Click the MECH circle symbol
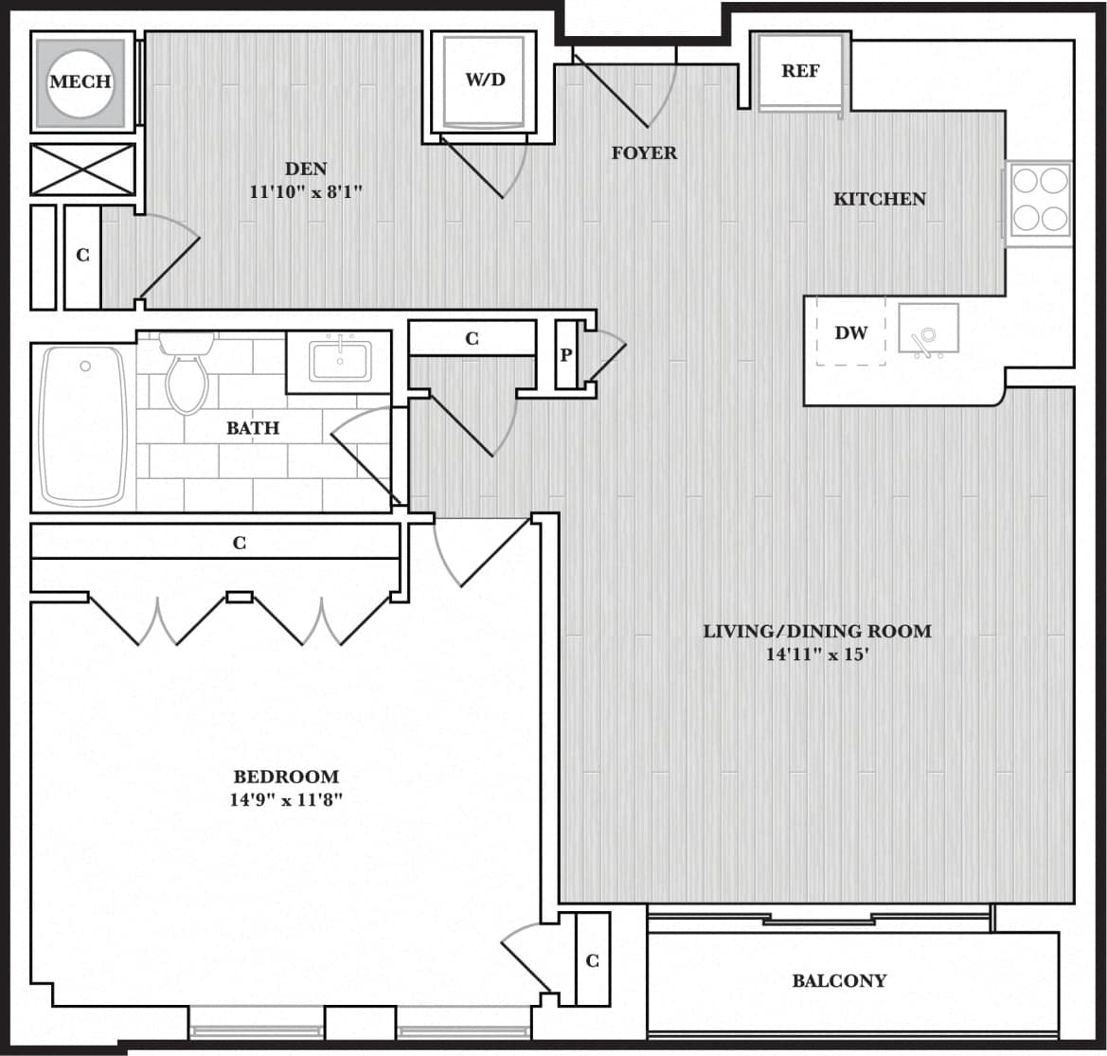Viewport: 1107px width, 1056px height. point(80,81)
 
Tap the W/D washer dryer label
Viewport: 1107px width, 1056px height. point(485,79)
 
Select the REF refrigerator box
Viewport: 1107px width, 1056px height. point(800,71)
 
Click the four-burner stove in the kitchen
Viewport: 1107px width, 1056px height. point(1040,200)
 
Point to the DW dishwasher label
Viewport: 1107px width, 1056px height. point(850,333)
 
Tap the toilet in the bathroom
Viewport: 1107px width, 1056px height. point(187,375)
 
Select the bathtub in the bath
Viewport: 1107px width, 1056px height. point(83,426)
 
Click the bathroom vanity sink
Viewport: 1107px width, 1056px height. point(339,360)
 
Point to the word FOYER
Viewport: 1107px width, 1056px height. point(644,152)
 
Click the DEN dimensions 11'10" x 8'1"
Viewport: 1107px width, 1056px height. point(305,192)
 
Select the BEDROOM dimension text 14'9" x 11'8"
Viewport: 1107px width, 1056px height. point(285,799)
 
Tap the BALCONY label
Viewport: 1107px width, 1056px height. point(839,981)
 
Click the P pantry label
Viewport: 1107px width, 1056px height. point(566,355)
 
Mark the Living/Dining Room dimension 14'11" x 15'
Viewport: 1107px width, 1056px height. point(816,654)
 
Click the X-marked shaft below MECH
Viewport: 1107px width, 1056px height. point(82,170)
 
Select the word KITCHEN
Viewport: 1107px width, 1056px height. point(879,199)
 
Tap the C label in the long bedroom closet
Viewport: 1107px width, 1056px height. point(240,543)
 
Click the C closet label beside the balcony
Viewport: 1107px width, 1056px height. point(592,960)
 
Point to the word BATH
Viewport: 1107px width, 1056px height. point(253,428)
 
